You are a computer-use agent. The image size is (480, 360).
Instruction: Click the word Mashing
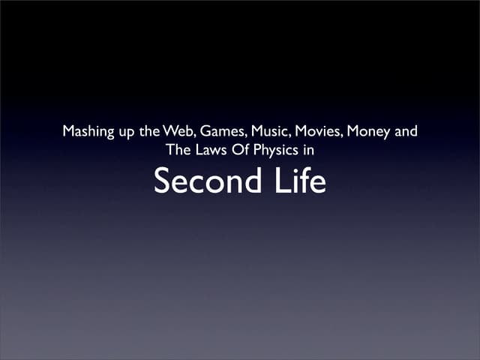87,132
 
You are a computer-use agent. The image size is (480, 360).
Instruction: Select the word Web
178,132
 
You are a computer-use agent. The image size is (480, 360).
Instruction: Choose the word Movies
319,132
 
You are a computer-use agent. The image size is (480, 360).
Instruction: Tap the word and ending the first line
406,132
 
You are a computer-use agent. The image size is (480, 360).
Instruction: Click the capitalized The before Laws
178,149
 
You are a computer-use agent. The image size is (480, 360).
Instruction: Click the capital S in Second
162,181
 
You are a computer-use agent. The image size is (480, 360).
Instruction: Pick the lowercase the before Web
149,132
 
